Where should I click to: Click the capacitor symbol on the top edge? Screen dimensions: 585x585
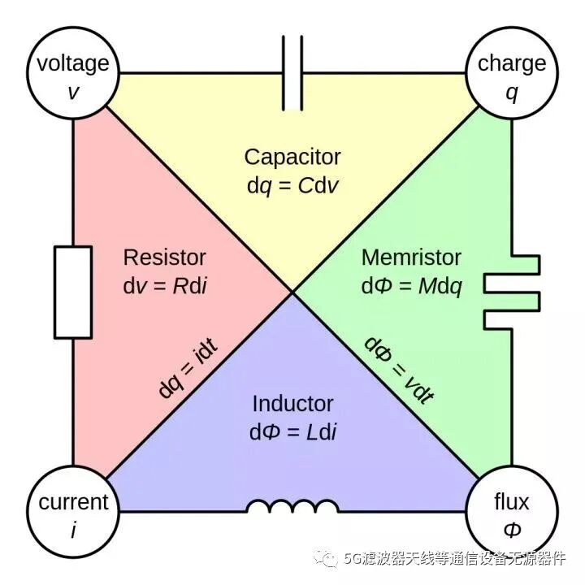(292, 73)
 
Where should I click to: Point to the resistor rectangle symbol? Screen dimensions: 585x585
(73, 292)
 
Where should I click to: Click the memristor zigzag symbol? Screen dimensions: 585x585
(512, 292)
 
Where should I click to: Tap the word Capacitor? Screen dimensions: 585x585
(292, 157)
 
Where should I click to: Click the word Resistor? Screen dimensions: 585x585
(164, 258)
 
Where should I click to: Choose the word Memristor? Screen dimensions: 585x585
(411, 258)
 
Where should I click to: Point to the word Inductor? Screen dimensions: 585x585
(292, 404)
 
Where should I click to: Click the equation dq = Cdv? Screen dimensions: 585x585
(292, 185)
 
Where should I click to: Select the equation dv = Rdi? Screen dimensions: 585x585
(165, 286)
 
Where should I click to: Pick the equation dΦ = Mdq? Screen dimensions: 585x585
(412, 287)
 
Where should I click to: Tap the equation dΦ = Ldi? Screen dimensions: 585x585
(292, 432)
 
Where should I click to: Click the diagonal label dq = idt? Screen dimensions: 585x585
(188, 368)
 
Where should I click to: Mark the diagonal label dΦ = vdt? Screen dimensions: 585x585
(399, 370)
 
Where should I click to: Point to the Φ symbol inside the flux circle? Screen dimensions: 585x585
(512, 530)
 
